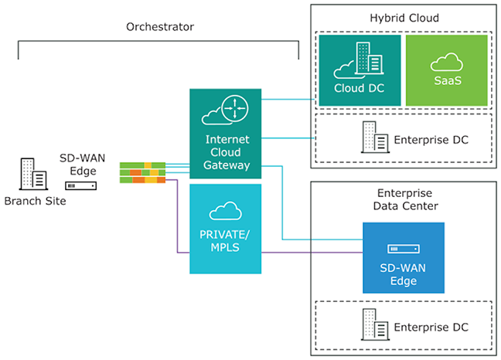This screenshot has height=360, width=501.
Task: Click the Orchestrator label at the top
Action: pos(159,27)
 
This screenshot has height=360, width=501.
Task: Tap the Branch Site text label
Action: pos(35,200)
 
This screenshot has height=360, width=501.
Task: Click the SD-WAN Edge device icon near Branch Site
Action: pos(81,186)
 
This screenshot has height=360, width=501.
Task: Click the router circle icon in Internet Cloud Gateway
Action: pos(233,110)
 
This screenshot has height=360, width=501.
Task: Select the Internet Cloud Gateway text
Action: pos(227,152)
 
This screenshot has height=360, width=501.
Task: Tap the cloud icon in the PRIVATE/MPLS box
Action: pos(227,211)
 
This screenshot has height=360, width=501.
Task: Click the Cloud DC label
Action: pos(360,88)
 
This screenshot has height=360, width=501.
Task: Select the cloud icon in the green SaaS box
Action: pos(446,62)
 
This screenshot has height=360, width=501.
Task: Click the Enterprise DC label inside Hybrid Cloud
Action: pos(431,140)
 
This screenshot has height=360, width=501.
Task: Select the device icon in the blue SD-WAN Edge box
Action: pos(404,250)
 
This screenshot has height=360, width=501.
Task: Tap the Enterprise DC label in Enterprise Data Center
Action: pos(431,327)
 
